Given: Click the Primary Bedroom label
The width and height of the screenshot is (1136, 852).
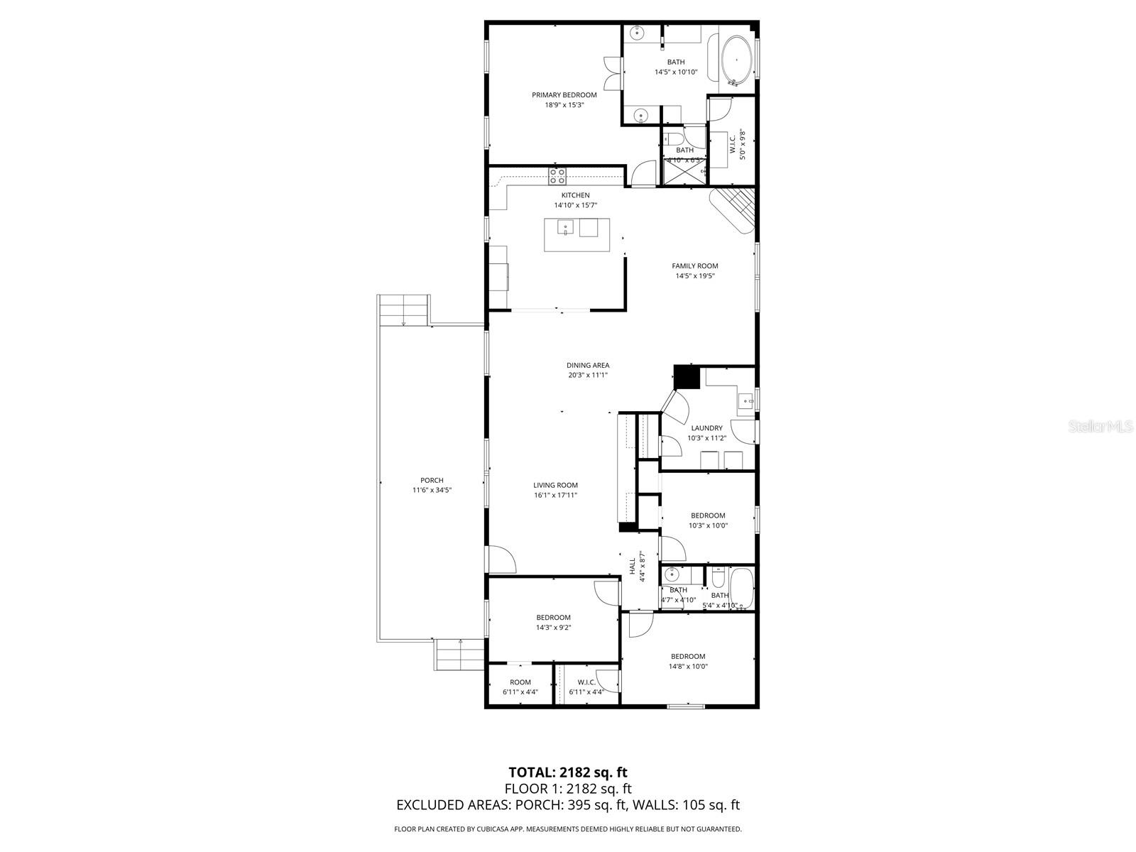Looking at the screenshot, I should (x=564, y=95).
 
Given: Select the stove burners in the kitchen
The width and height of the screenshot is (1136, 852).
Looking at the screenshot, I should (x=557, y=174).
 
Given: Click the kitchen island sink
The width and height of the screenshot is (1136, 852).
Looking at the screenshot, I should (x=566, y=227).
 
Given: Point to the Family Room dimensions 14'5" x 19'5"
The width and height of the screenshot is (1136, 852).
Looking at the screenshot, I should (x=694, y=276).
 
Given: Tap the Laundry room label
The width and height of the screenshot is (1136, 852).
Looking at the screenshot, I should (x=706, y=428).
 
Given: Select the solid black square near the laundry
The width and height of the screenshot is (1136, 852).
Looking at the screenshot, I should (x=686, y=377).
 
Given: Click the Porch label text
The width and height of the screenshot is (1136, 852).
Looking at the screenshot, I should (x=432, y=481).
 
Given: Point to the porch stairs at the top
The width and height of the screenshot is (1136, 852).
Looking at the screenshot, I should (x=403, y=310).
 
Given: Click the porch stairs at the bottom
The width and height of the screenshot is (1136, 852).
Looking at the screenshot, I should (x=459, y=654).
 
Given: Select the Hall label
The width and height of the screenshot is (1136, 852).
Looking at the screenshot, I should (x=632, y=567).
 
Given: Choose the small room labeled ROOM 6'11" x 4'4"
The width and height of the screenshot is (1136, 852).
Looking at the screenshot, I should (x=520, y=687).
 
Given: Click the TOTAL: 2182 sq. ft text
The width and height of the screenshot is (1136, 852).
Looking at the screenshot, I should (x=568, y=772).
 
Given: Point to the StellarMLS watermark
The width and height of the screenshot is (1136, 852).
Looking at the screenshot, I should (x=1100, y=426).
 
